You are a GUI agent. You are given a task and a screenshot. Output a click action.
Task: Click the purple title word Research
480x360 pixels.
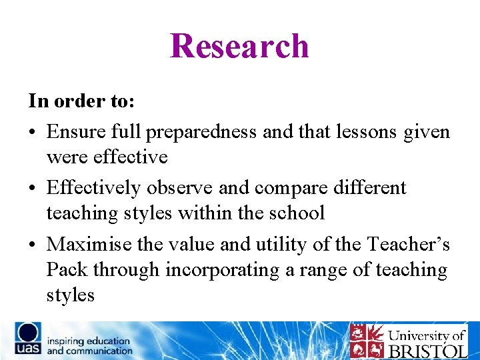[239, 46]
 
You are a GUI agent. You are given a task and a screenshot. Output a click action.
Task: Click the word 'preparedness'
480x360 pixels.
[201, 132]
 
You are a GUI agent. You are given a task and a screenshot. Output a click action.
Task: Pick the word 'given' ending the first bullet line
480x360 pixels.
[427, 132]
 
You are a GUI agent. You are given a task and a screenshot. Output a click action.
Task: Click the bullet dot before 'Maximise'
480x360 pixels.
[33, 245]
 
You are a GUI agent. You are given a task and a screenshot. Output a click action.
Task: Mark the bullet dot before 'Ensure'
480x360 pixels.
[33, 133]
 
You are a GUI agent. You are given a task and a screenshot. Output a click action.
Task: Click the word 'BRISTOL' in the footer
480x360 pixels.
[428, 350]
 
